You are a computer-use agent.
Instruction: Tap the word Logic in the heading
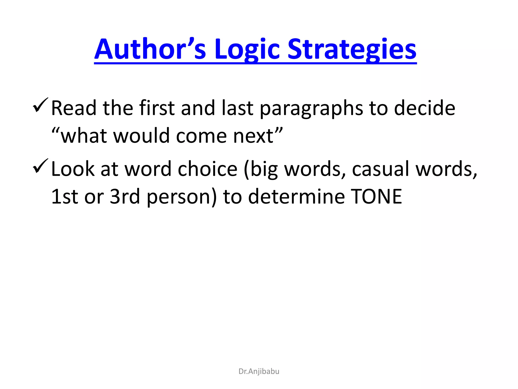tap(247, 50)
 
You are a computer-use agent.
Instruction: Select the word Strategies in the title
tap(352, 50)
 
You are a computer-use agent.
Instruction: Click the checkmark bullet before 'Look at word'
tap(40, 166)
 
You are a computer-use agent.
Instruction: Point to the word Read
tap(74, 108)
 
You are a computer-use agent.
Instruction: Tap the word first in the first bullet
tap(157, 108)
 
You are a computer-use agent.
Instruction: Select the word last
tap(237, 108)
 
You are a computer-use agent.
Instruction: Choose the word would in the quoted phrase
tap(141, 136)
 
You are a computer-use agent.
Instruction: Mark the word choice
tap(207, 169)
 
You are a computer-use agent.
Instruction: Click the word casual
tap(380, 169)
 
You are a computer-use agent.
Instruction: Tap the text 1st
tap(64, 197)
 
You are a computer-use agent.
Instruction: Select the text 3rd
tap(125, 197)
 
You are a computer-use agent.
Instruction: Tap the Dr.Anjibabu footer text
tap(259, 371)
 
